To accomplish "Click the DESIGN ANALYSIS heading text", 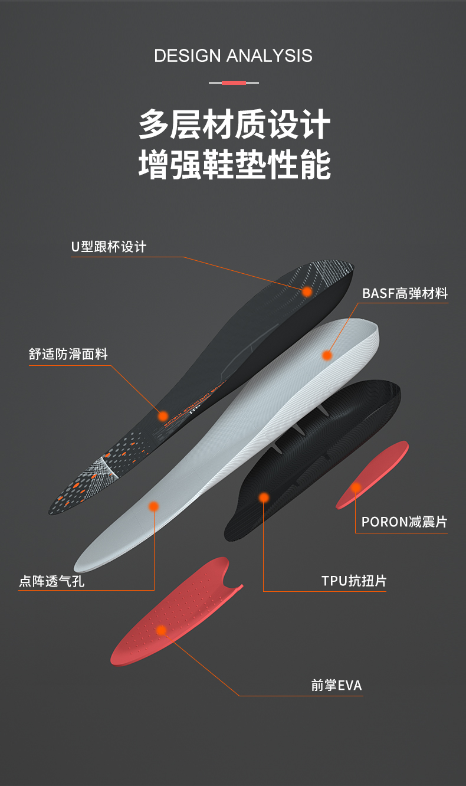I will click(x=233, y=56).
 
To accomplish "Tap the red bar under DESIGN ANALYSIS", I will click(x=234, y=83).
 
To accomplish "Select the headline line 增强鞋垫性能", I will click(x=234, y=165).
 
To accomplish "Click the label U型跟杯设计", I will click(x=109, y=247).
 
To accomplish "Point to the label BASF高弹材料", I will click(x=405, y=293).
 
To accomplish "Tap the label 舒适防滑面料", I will click(x=68, y=354).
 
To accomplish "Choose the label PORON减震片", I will click(x=404, y=522).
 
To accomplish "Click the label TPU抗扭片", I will click(x=354, y=581).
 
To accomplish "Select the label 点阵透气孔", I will click(x=52, y=581).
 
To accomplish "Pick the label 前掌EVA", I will click(x=336, y=686).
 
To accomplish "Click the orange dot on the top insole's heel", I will click(x=307, y=292).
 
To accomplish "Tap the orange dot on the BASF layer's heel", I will click(x=327, y=355).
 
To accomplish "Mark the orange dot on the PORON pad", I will click(x=356, y=487).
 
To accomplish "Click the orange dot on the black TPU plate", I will click(x=264, y=497).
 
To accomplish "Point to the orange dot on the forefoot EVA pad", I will click(x=161, y=630).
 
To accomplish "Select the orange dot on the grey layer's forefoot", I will click(x=153, y=506).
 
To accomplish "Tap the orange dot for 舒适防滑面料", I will click(x=163, y=416).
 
